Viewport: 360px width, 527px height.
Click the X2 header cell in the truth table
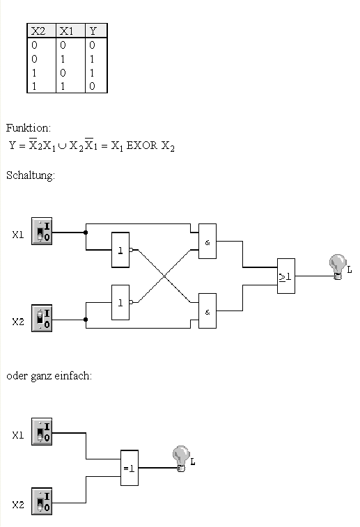click(x=41, y=31)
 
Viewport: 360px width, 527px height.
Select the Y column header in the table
click(x=96, y=31)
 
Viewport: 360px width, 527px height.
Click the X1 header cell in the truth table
click(x=70, y=31)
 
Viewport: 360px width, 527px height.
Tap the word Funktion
click(x=29, y=128)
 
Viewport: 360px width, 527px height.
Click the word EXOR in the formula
click(x=141, y=145)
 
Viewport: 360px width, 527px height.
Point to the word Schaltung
click(x=31, y=175)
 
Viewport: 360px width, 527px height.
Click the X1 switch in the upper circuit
click(x=42, y=231)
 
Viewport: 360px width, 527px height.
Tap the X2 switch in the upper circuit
click(x=42, y=318)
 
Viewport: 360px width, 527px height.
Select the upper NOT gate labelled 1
click(x=120, y=250)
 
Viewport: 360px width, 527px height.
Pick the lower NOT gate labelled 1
click(x=120, y=303)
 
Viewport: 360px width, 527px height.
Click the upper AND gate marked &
click(x=208, y=241)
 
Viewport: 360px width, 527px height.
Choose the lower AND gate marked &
click(x=208, y=311)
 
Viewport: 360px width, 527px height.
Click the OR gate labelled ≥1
click(x=286, y=276)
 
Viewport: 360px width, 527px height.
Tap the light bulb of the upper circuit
click(x=338, y=267)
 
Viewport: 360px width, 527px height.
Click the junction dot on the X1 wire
click(x=86, y=233)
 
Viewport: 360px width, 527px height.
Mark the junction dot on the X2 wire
click(x=86, y=320)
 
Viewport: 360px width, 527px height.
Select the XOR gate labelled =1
click(x=130, y=468)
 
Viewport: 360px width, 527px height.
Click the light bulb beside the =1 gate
click(x=181, y=459)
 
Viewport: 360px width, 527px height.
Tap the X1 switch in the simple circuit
click(x=42, y=432)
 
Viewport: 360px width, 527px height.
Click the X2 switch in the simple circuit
click(x=42, y=501)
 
